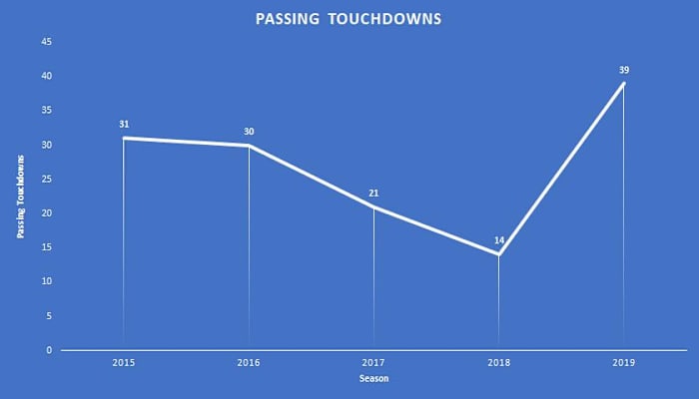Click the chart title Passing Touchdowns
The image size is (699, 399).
(349, 18)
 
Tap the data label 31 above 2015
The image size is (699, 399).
(124, 125)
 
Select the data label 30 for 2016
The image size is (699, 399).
(249, 132)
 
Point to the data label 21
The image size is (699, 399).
(374, 194)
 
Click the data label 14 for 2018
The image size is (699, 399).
(499, 241)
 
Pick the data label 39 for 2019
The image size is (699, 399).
(624, 70)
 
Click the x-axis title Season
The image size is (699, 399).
(373, 381)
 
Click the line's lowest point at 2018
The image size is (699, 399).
(499, 254)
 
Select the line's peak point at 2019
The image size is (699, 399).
(624, 83)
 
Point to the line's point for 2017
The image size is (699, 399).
(374, 206)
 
